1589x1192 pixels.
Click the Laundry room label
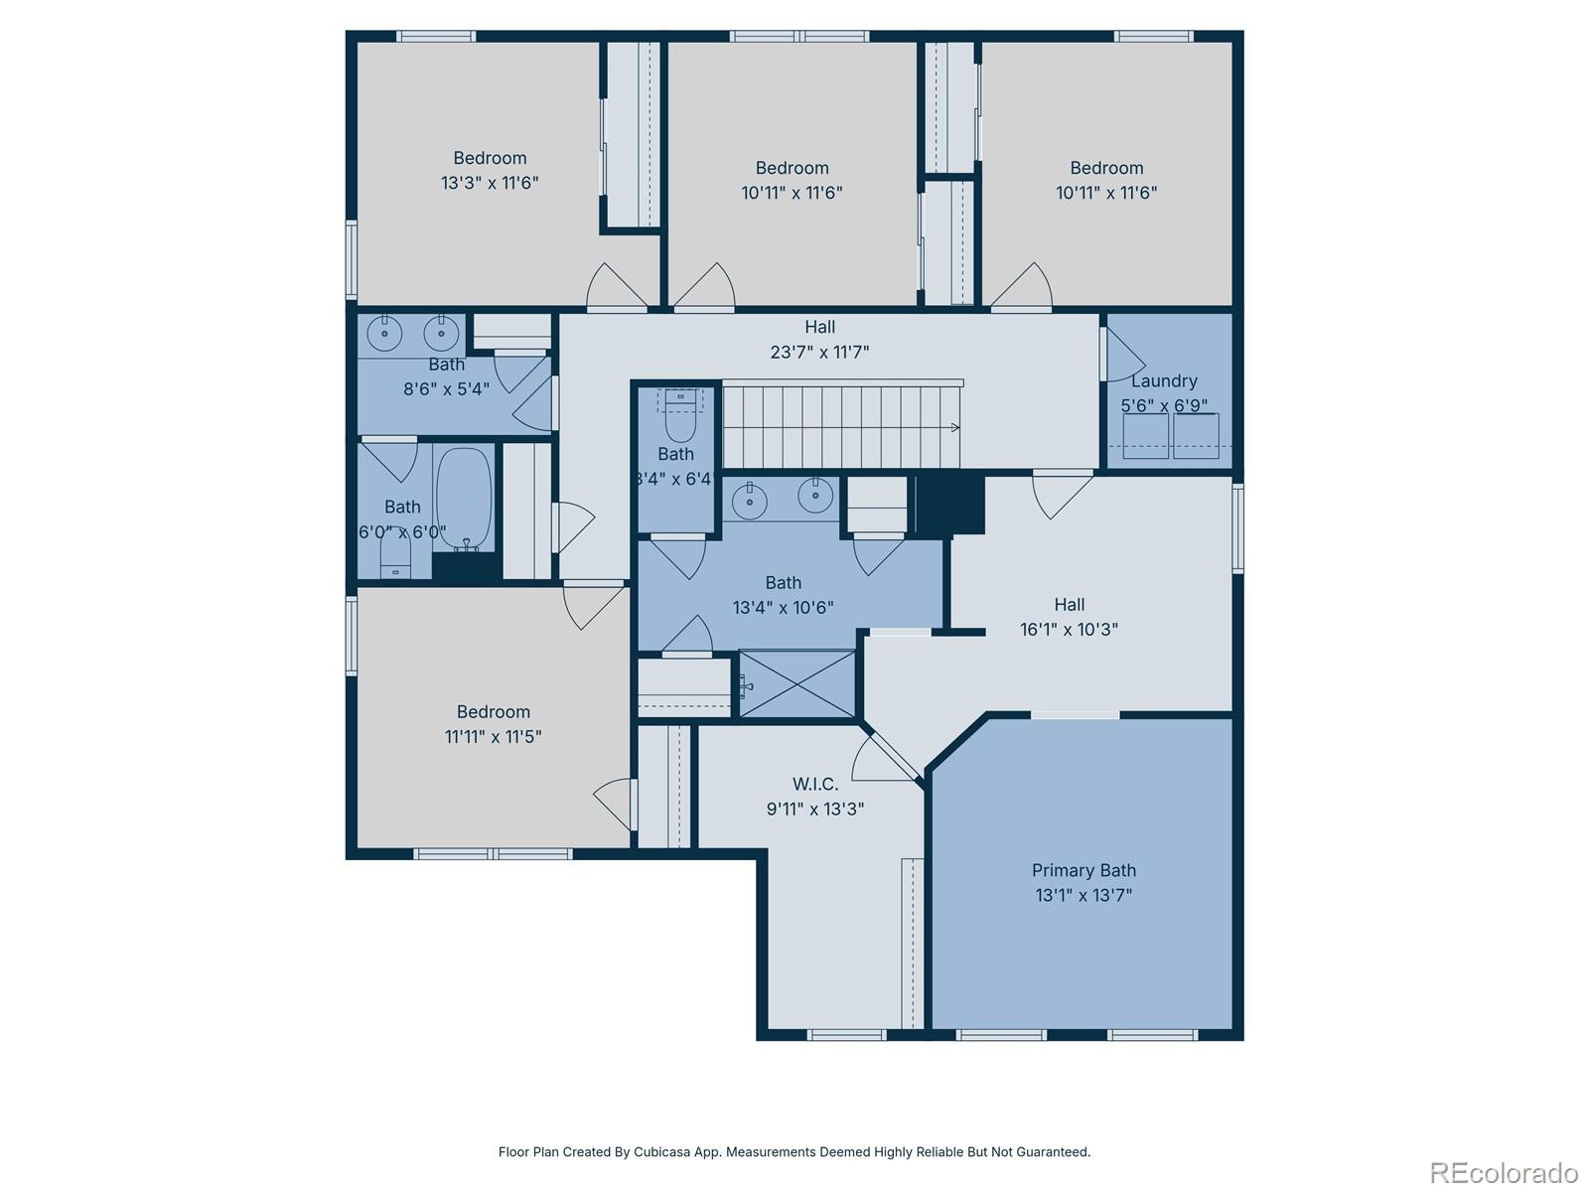pos(1164,380)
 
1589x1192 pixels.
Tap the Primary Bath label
pos(1083,870)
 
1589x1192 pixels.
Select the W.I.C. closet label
pos(814,784)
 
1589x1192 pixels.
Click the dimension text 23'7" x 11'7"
pos(819,352)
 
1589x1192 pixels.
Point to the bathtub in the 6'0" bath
pos(464,498)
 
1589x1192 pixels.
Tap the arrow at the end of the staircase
pos(954,428)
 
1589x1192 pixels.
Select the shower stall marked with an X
pos(796,682)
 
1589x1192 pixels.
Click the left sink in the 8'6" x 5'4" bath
pos(384,331)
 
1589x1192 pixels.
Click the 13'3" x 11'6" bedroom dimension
pos(490,183)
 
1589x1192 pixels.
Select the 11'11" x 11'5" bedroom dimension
pos(493,737)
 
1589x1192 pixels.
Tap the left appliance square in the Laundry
pos(1144,436)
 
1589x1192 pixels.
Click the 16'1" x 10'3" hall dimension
pos(1069,629)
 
